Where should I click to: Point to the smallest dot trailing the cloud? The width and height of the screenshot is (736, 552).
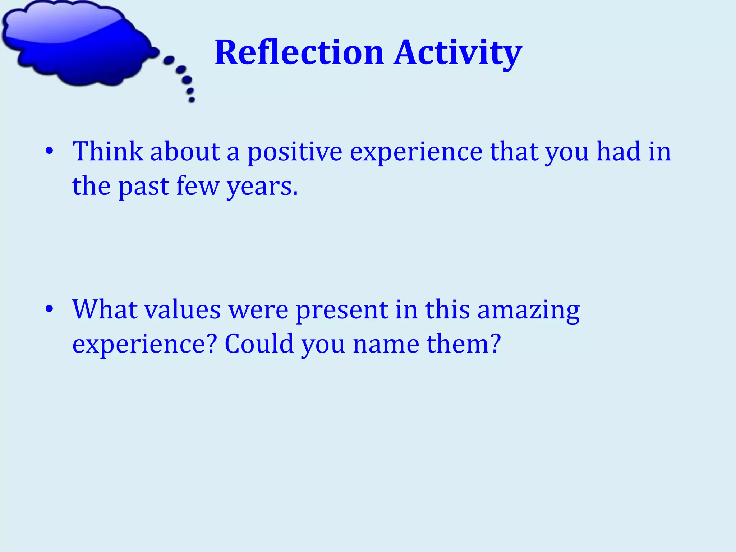click(192, 100)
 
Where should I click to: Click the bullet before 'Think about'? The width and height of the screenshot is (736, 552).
click(50, 151)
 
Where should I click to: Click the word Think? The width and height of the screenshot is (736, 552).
click(108, 151)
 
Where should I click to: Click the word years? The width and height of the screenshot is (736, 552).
click(262, 187)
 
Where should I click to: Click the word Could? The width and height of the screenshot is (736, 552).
click(259, 344)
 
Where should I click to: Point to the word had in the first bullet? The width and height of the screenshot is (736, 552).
click(618, 151)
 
